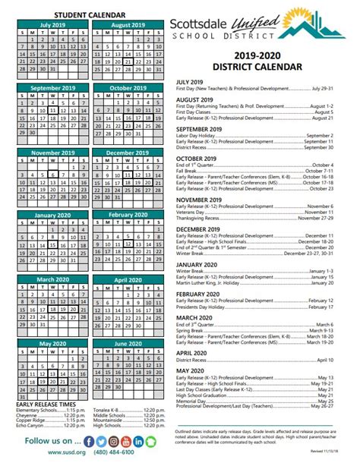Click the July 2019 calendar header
(52, 24)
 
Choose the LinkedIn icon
(139, 441)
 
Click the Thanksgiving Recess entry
(205, 218)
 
